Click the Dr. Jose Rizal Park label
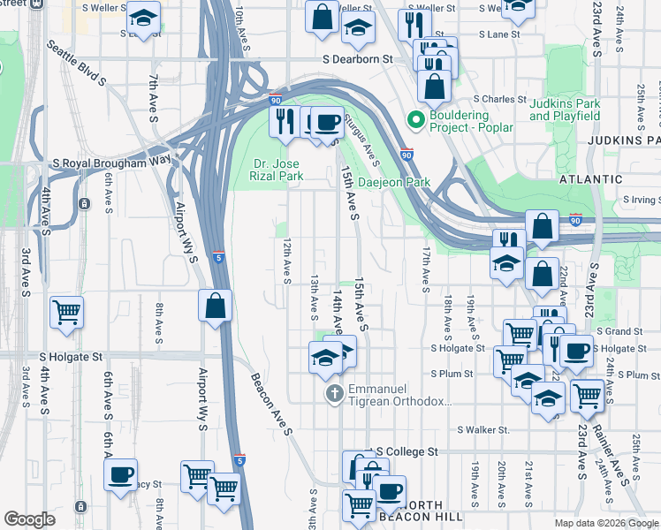277,170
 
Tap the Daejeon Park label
394,183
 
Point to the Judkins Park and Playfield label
565,110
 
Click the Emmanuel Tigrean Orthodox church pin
334,393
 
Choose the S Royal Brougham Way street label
111,163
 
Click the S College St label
406,451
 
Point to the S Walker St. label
483,430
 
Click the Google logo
29,519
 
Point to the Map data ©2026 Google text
606,523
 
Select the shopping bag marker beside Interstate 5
216,307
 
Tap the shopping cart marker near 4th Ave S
67,312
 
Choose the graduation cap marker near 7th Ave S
142,18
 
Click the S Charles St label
500,99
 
